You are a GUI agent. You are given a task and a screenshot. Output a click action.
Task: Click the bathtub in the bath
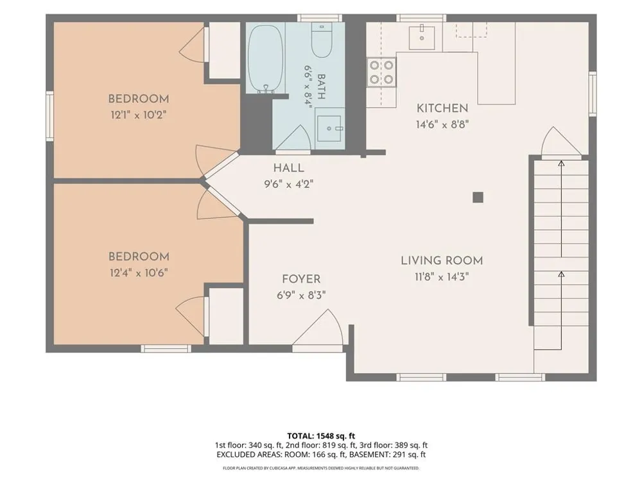(265, 59)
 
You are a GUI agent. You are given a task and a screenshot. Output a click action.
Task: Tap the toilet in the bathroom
(322, 40)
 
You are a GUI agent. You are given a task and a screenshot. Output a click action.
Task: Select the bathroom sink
(329, 128)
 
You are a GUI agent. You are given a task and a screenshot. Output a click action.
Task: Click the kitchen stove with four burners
(381, 72)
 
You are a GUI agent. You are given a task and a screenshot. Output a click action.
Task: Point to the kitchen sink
(422, 36)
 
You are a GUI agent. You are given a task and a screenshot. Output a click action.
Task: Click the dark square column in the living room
(478, 198)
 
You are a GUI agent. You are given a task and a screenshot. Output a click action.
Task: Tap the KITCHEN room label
(442, 108)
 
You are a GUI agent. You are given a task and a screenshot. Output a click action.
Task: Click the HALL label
(289, 167)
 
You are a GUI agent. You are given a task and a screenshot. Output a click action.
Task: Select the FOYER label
(301, 279)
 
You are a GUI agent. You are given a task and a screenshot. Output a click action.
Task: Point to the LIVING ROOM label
(442, 260)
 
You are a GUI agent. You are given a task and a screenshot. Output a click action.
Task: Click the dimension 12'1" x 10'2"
(139, 115)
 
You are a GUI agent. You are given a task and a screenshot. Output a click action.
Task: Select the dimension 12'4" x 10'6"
(139, 273)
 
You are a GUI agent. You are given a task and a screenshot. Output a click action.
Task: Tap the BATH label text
(322, 87)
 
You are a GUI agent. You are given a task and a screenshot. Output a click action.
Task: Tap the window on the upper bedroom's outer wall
(49, 115)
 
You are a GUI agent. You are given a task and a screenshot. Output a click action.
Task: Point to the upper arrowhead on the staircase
(561, 164)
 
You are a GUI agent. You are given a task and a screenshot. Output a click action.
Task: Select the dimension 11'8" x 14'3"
(442, 277)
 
